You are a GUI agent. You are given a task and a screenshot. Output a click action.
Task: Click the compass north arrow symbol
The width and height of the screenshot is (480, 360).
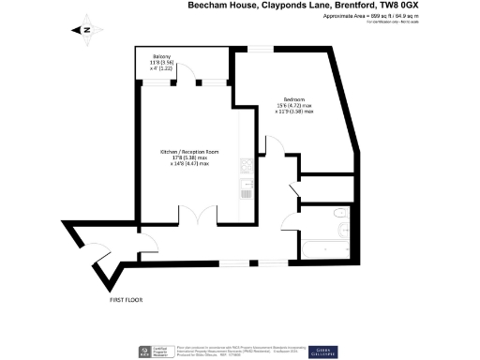(85, 29)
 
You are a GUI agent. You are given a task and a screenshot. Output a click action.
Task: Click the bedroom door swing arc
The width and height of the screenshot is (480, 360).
(273, 144)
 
